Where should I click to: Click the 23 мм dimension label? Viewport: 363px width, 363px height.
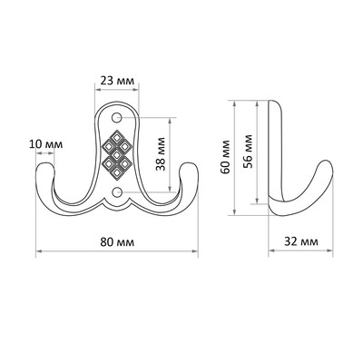tap(116, 81)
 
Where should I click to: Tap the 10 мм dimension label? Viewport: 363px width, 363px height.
tap(46, 144)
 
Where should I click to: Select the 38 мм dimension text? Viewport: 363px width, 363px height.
tap(161, 154)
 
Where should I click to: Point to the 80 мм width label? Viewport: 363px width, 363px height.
tap(117, 242)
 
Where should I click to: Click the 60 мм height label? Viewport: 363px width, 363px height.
tap(225, 157)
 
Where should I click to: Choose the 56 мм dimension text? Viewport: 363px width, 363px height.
tap(248, 151)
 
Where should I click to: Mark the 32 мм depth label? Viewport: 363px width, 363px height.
tap(301, 241)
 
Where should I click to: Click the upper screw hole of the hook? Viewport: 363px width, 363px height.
tap(116, 117)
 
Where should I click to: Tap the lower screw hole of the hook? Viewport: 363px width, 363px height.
tap(116, 191)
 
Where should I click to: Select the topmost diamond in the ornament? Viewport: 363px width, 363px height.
tap(116, 138)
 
